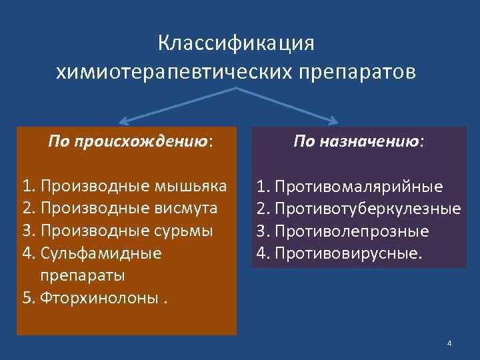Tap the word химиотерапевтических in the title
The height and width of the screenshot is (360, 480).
[x=172, y=71]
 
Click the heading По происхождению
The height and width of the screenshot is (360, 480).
[x=131, y=141]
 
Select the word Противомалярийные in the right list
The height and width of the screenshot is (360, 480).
[x=359, y=186]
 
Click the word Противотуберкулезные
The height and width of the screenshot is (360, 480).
[x=367, y=209]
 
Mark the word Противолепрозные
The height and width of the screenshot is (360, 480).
[x=351, y=231]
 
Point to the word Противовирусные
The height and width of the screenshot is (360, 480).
[x=349, y=254]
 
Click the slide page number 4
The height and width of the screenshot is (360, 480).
[x=449, y=343]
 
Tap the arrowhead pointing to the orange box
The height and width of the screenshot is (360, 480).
[x=122, y=123]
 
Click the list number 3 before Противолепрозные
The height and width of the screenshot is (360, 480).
[x=262, y=231]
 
